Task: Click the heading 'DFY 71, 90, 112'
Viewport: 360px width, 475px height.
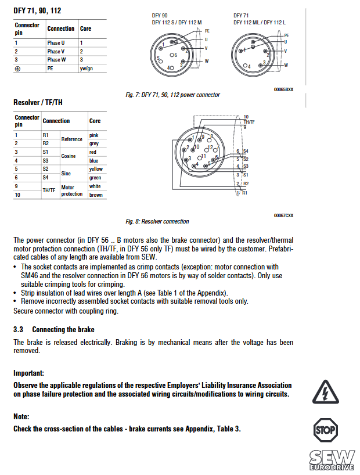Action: pos(37,10)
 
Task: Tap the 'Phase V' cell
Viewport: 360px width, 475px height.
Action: pos(56,51)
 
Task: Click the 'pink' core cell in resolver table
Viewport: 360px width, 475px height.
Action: pos(93,135)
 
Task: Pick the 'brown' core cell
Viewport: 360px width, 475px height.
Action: pos(95,195)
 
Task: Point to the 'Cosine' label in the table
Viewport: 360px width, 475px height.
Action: pos(69,156)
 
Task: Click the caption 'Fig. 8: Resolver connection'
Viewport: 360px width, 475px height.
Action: pos(157,221)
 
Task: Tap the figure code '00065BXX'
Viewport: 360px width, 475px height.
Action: pos(283,89)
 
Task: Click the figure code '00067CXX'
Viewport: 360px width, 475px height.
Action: pos(283,215)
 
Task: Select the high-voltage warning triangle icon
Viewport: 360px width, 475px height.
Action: pos(325,392)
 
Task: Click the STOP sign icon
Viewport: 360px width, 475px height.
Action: pos(325,430)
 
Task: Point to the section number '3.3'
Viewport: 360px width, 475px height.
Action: pos(18,329)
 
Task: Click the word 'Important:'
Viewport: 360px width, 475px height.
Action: pos(28,373)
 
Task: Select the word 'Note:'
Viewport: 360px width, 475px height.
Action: pos(21,416)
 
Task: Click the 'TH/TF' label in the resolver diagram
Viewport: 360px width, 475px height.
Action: pos(249,122)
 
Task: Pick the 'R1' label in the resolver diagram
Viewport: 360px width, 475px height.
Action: pos(245,192)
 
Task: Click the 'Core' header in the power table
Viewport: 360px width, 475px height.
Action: pos(85,28)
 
